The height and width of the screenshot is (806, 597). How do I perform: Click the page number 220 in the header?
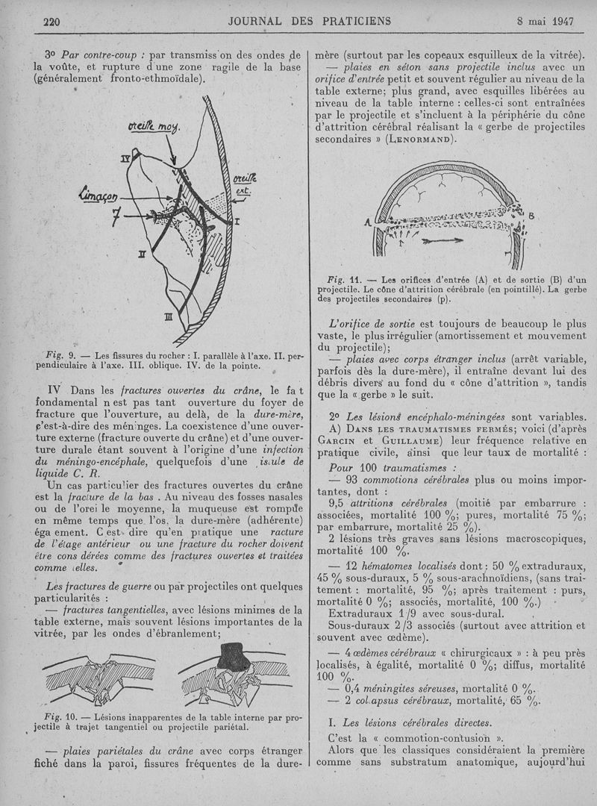tap(51, 21)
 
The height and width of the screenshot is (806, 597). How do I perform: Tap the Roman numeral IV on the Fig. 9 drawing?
tap(126, 158)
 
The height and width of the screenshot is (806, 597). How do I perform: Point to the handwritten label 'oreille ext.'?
tap(243, 184)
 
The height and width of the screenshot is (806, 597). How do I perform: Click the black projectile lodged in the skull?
tap(234, 657)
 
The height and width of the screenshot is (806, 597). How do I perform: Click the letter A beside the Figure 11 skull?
tap(368, 222)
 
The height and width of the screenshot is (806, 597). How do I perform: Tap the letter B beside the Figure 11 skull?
tap(531, 216)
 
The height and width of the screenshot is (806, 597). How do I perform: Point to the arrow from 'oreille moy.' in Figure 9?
tap(171, 153)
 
